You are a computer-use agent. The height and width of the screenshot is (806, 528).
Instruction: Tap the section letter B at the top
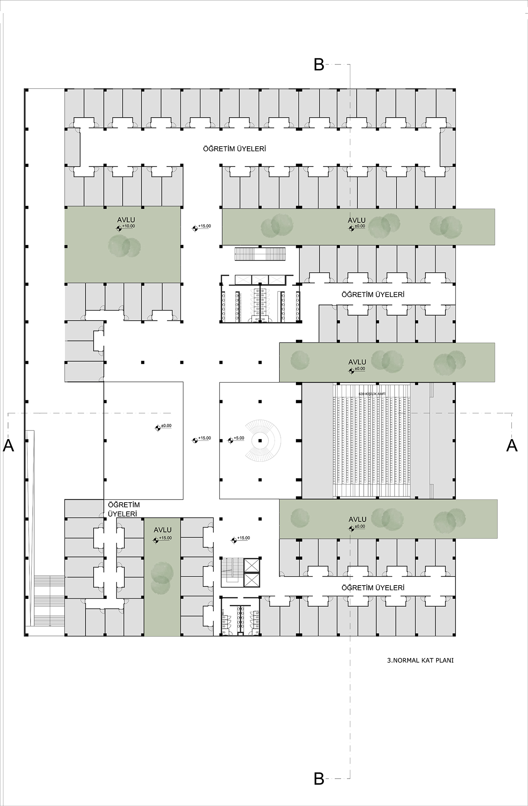pyautogui.click(x=319, y=65)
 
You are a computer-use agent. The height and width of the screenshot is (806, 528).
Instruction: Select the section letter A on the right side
pyautogui.click(x=511, y=445)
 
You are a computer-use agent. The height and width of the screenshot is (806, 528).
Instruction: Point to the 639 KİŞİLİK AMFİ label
pyautogui.click(x=371, y=393)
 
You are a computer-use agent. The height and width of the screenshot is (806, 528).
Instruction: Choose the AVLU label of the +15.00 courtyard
pyautogui.click(x=163, y=530)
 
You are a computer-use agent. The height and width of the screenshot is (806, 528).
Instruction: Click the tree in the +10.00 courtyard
pyautogui.click(x=125, y=246)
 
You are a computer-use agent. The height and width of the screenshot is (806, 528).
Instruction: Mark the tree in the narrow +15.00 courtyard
pyautogui.click(x=162, y=574)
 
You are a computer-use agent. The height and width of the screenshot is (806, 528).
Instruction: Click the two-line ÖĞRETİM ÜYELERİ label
pyautogui.click(x=122, y=509)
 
